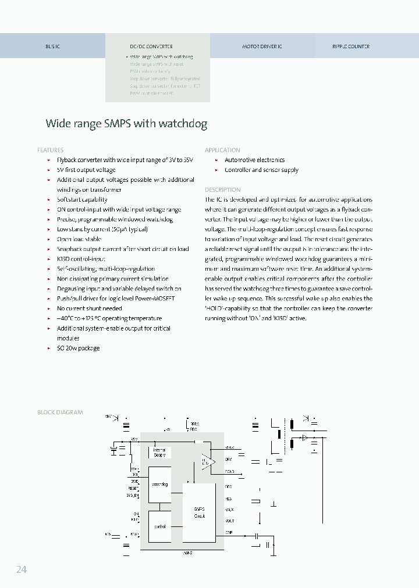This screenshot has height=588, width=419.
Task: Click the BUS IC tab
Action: coord(52,46)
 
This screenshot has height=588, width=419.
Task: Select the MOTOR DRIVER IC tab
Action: coord(262,46)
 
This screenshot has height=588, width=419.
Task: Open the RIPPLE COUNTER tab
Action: coord(351,46)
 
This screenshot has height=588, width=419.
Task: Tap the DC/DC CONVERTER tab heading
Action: coord(151,46)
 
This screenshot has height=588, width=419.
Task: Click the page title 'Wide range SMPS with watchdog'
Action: coord(126,124)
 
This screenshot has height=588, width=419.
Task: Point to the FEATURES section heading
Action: coord(50,150)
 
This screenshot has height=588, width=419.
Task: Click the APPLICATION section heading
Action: coord(222,150)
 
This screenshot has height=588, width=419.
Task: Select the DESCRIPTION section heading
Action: coord(222,190)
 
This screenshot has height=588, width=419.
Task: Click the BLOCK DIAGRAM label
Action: coord(60,413)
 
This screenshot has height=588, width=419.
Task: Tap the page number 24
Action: coord(21,569)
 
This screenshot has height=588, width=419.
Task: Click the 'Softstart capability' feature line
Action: coord(82,199)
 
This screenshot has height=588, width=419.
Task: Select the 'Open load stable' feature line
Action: coord(79,239)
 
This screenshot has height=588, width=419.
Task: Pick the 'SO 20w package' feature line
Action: coord(78,348)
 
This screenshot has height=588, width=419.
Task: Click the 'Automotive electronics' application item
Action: coord(254,160)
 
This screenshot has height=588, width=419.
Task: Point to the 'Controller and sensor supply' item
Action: coord(261,170)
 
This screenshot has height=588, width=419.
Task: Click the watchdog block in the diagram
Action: coord(159,484)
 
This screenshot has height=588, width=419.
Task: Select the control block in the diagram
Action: coord(159,526)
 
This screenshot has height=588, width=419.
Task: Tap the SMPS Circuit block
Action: coord(199,512)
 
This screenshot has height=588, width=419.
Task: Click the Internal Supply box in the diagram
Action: coord(159,452)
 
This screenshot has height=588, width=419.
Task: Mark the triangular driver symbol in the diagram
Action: coord(208,461)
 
